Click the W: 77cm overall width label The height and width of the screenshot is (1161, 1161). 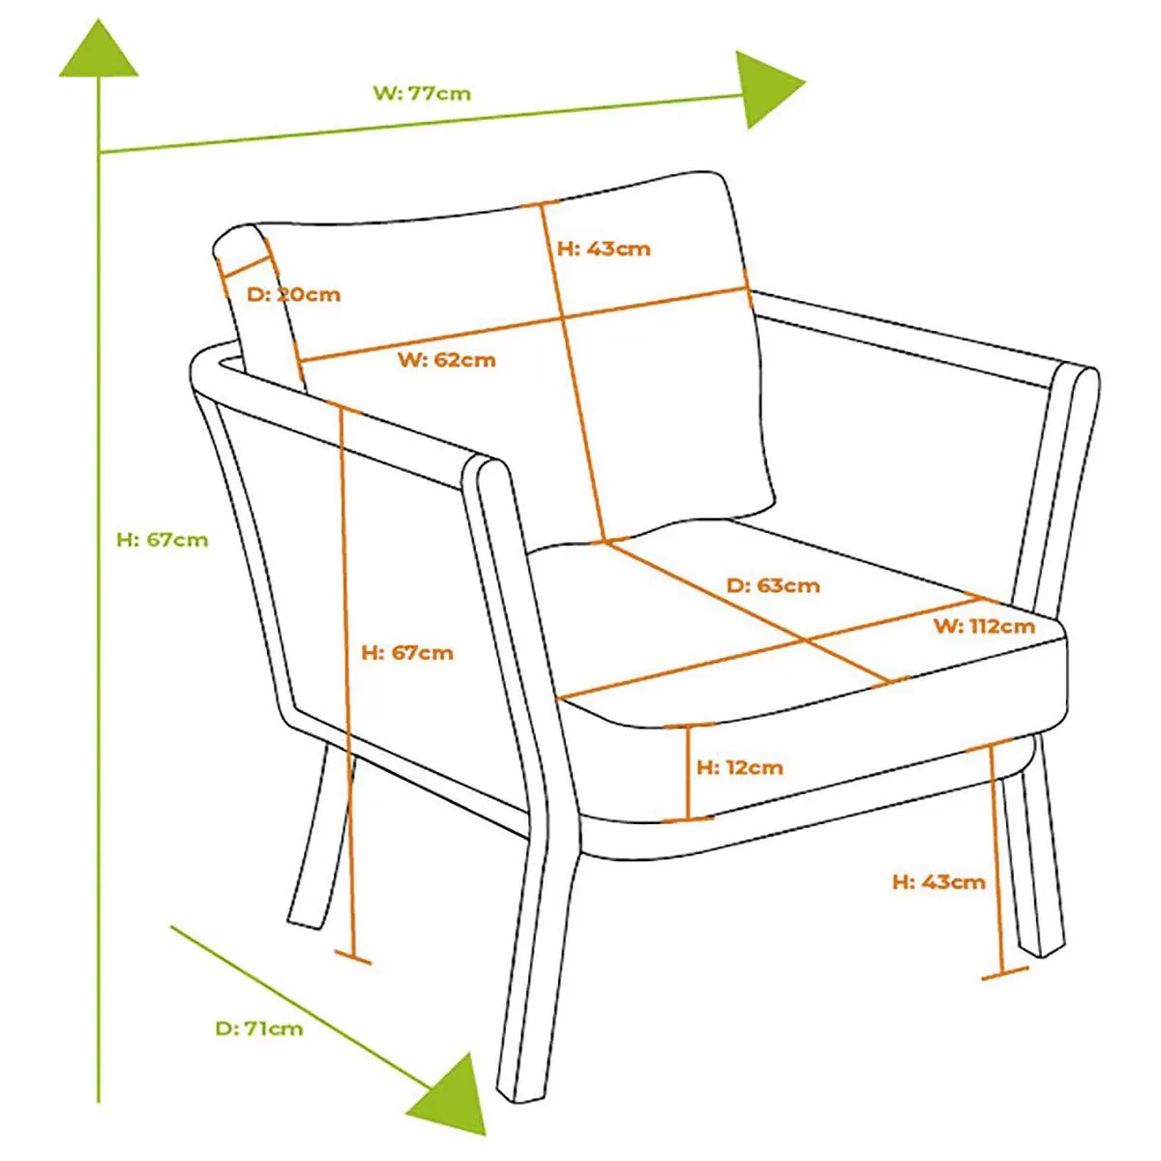(422, 94)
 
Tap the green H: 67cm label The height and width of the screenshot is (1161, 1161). (162, 540)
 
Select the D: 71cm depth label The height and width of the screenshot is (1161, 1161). (258, 1028)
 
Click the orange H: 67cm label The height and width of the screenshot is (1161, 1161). (406, 653)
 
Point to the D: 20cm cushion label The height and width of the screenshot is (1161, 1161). (293, 294)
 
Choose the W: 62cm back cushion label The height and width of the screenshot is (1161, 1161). (446, 360)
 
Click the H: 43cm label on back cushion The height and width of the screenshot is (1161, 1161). (604, 249)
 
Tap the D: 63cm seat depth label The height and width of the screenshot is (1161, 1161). (772, 585)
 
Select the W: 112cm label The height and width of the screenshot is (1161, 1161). (983, 626)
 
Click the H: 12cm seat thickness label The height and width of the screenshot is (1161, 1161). (739, 767)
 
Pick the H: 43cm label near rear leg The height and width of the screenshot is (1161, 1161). (938, 881)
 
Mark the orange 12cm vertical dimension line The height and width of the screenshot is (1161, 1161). (688, 772)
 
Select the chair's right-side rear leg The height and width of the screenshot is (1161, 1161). (1035, 871)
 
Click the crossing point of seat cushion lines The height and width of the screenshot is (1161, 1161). (805, 640)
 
